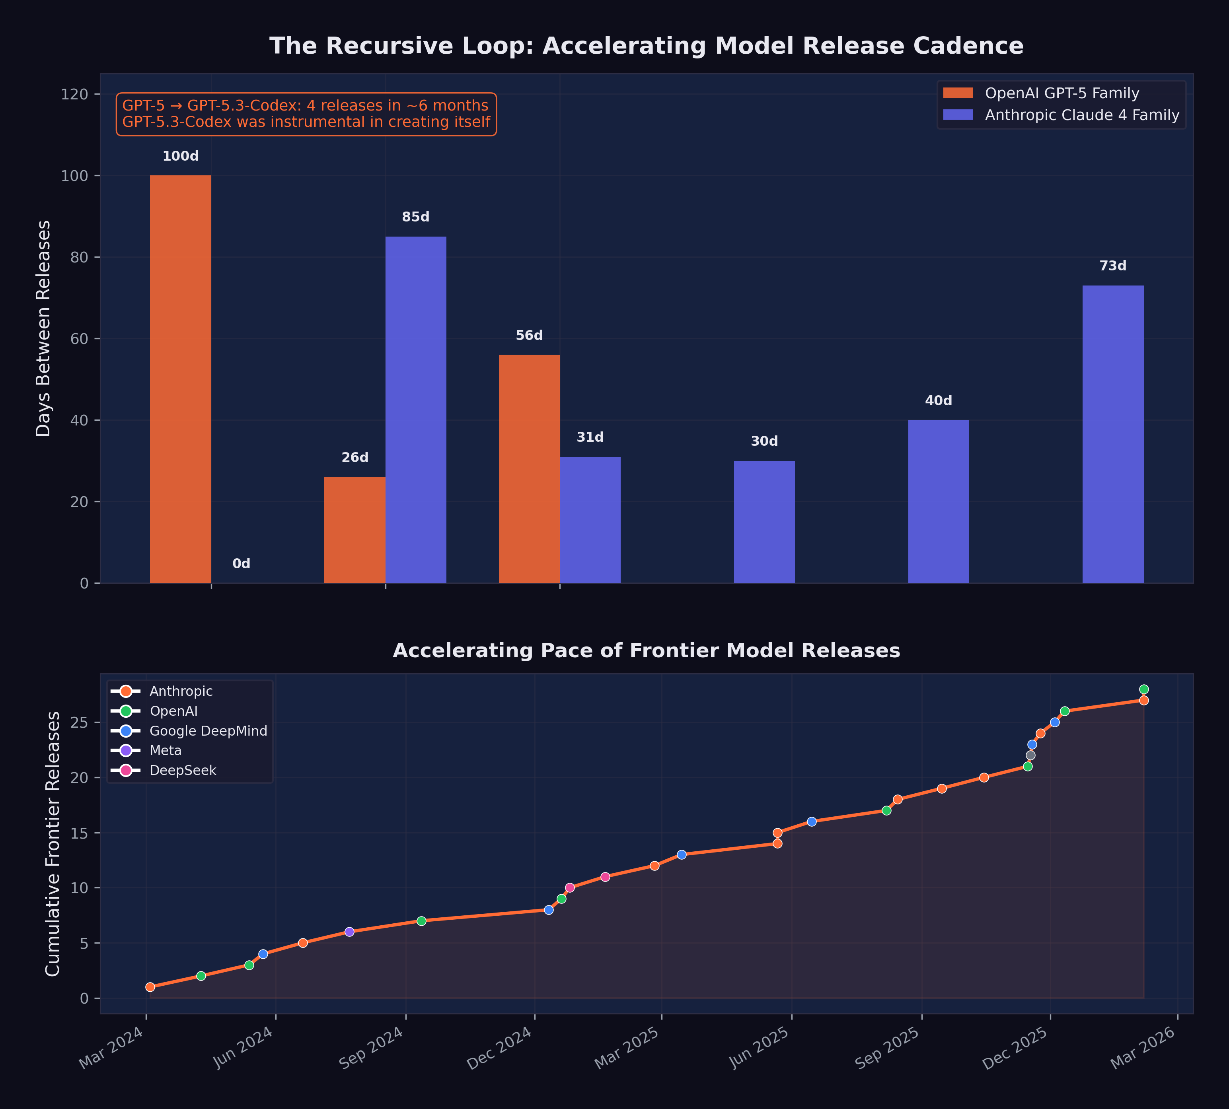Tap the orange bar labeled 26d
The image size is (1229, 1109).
[355, 530]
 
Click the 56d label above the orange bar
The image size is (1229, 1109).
[529, 336]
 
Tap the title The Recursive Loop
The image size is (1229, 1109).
[646, 46]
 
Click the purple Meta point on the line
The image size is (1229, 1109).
[349, 932]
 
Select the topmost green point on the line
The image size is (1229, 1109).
[1143, 689]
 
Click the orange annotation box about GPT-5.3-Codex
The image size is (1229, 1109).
[306, 114]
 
